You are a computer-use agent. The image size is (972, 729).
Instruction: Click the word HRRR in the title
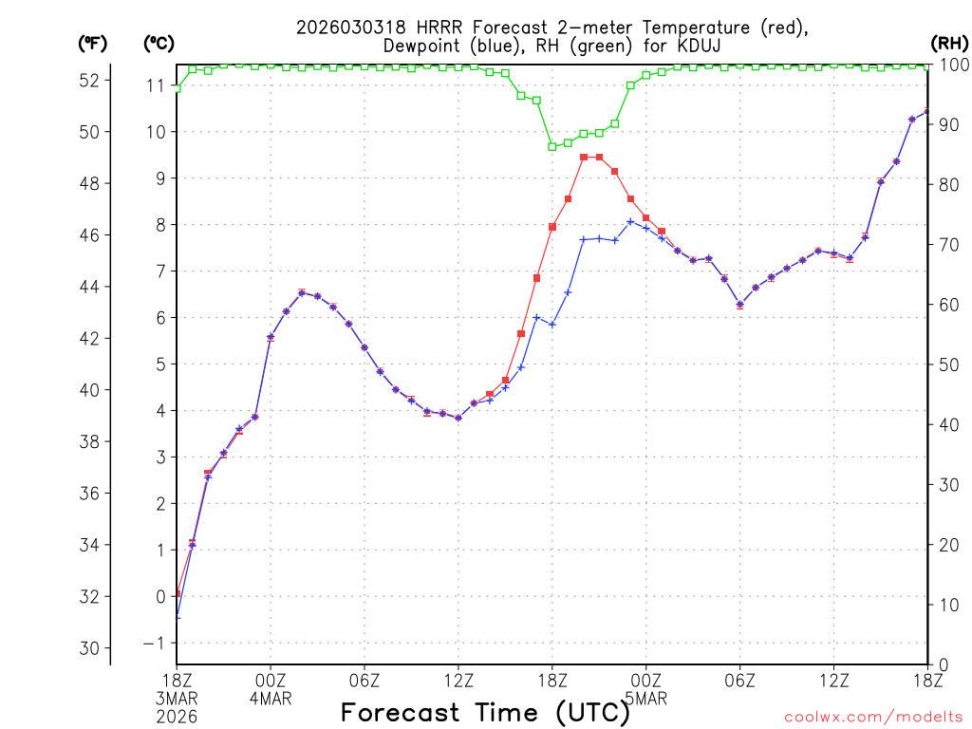click(x=411, y=27)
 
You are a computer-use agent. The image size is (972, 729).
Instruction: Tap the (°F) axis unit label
click(x=93, y=43)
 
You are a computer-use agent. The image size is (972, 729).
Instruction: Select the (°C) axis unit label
click(x=159, y=43)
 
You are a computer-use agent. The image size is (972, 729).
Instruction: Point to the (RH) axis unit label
click(x=947, y=43)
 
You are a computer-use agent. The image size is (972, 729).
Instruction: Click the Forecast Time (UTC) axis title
click(x=485, y=712)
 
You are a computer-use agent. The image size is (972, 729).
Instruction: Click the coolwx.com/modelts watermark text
click(x=872, y=717)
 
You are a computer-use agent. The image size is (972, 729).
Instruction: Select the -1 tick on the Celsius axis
click(x=154, y=643)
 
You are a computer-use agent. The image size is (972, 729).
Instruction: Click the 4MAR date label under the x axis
click(x=271, y=699)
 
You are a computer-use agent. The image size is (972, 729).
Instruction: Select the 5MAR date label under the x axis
click(x=646, y=699)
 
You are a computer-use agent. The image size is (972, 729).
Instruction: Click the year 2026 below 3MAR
click(x=177, y=717)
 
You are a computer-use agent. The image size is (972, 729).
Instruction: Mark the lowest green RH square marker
click(x=552, y=146)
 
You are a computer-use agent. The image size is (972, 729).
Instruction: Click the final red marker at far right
click(x=927, y=112)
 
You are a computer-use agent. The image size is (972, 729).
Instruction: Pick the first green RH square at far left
click(x=177, y=88)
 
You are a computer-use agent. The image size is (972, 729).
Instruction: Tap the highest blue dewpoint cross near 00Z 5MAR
click(x=630, y=222)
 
